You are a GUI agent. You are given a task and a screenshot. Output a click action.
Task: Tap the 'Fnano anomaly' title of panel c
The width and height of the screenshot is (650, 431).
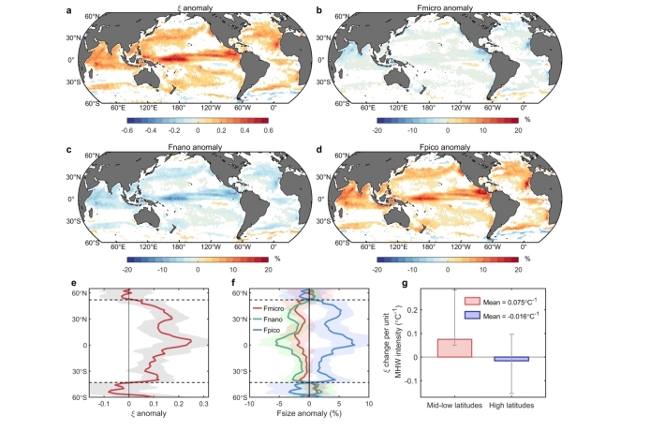[x=176, y=149]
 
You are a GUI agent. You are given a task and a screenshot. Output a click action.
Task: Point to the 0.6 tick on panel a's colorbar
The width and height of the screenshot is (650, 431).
[x=267, y=132]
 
